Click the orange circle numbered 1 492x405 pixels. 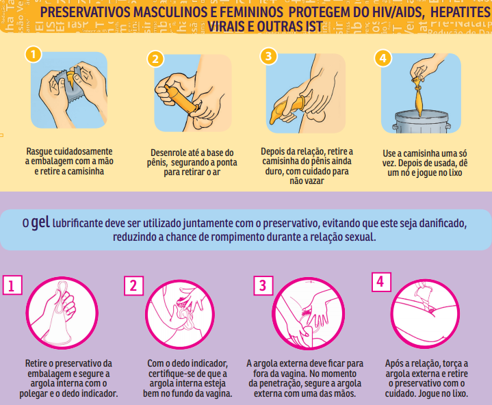pos(30,55)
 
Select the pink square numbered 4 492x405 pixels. pos(381,282)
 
